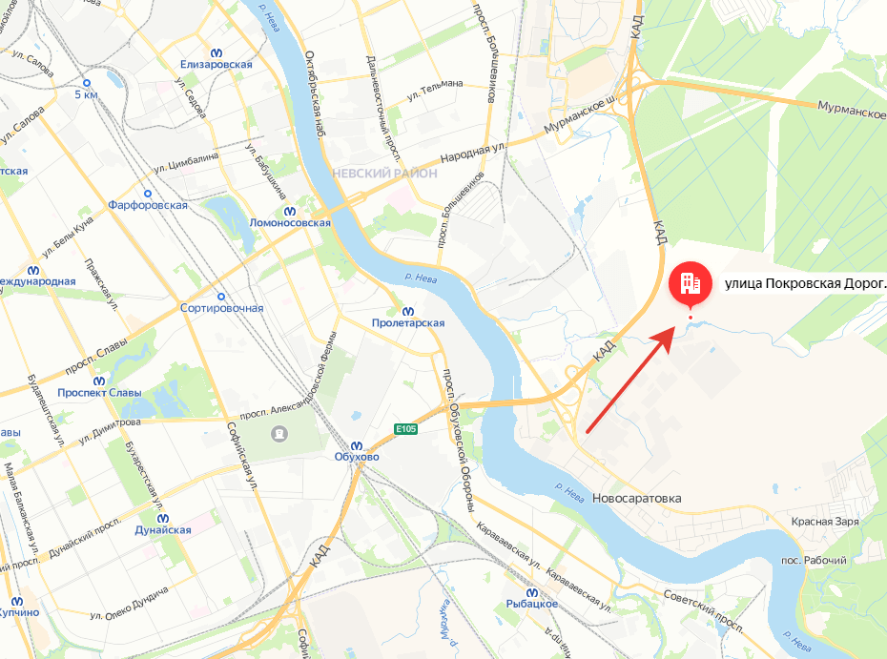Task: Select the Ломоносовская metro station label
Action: tap(289, 222)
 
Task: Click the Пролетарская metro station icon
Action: tap(408, 310)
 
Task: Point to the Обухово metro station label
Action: tap(357, 457)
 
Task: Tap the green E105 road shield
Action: tap(406, 429)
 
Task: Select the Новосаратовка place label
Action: tap(636, 499)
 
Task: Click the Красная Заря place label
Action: tap(824, 522)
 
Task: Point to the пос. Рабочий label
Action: tap(814, 559)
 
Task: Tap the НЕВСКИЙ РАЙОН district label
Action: tap(384, 174)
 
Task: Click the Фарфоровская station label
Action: tap(148, 205)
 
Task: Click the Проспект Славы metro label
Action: tap(99, 393)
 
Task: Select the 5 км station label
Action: tap(86, 95)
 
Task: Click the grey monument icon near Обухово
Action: tap(278, 433)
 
